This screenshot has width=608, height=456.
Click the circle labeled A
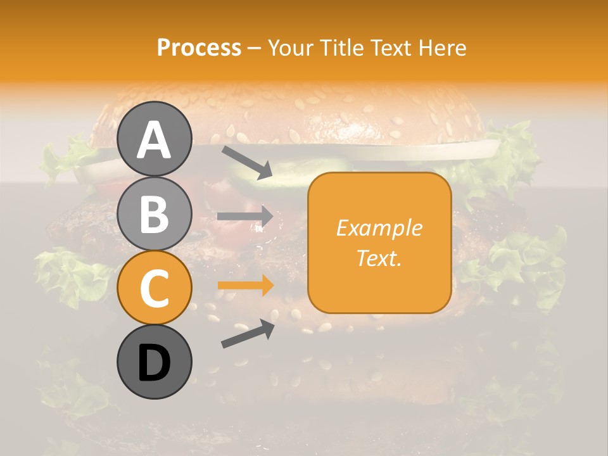(x=154, y=139)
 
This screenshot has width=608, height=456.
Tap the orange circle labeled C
(x=154, y=288)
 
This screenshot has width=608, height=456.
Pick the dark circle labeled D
(x=154, y=362)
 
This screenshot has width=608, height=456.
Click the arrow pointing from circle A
(x=246, y=161)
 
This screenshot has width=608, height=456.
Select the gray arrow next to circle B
(x=245, y=217)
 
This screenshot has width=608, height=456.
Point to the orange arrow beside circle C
(x=245, y=286)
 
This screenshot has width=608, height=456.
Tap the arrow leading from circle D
(x=247, y=334)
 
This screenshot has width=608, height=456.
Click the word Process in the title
(x=199, y=47)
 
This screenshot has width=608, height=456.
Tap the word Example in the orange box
(x=379, y=228)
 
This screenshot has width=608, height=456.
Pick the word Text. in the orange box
(x=379, y=258)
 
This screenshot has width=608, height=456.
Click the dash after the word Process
(x=255, y=48)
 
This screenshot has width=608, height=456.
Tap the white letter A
(x=154, y=140)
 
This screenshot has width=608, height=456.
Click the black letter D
(x=154, y=363)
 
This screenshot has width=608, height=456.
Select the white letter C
(x=154, y=289)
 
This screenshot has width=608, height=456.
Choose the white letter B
(x=154, y=214)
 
